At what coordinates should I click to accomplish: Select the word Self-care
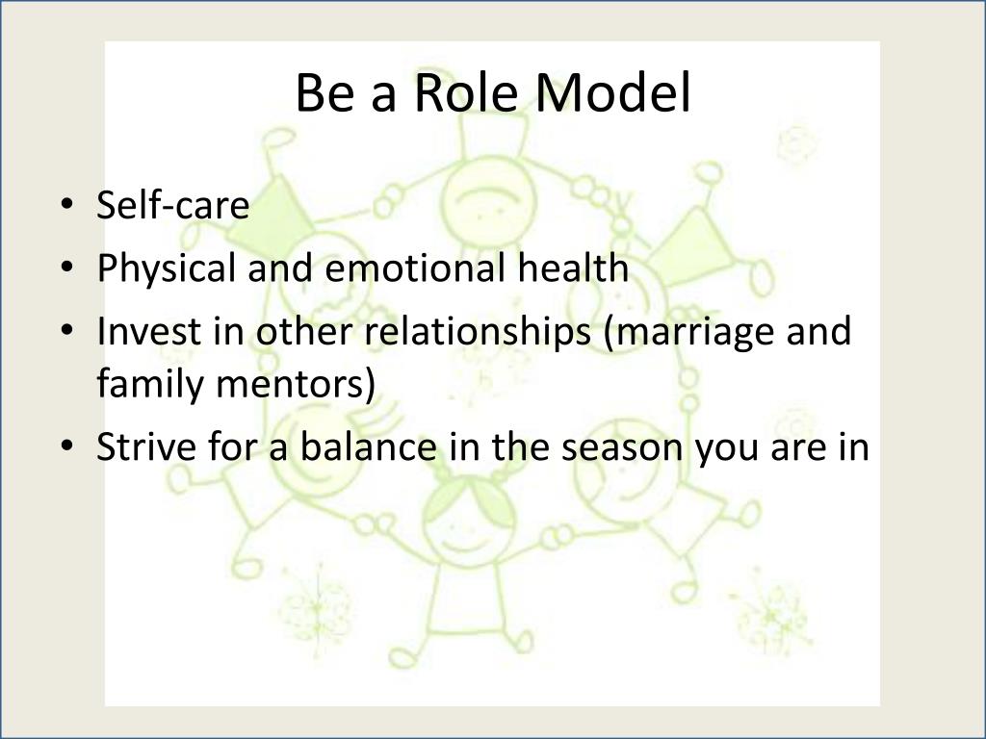tap(173, 204)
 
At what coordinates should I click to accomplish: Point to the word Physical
tap(166, 268)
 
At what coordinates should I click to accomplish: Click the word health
tap(574, 268)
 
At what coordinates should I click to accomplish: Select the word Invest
tap(149, 331)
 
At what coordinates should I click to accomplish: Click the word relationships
tap(479, 331)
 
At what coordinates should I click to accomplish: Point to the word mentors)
tap(295, 383)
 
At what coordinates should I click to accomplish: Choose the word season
tap(622, 448)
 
